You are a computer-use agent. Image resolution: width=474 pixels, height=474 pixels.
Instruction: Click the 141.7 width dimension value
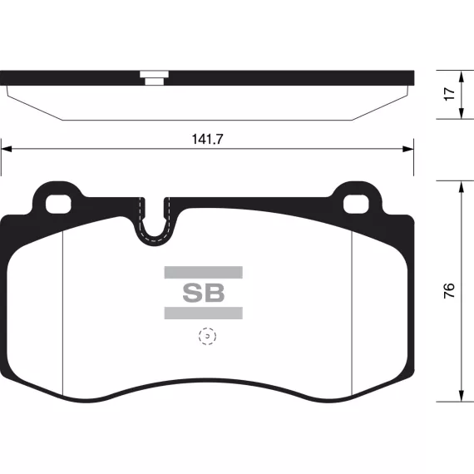[x=207, y=139]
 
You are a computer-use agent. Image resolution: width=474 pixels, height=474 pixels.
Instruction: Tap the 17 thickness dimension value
[x=449, y=94]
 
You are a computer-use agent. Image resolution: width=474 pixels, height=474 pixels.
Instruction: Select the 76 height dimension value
[x=449, y=290]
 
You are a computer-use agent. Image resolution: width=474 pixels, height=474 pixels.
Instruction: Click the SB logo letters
[x=204, y=293]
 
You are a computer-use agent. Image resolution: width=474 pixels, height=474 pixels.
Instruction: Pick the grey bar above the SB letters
[x=204, y=273]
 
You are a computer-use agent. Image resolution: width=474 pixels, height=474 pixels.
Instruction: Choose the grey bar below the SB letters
[x=204, y=314]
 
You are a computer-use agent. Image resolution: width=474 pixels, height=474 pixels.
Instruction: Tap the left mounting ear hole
[x=58, y=205]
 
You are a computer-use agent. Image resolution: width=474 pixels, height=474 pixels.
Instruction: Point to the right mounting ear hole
[x=356, y=205]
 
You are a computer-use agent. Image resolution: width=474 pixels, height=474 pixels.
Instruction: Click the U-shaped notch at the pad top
[x=155, y=239]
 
